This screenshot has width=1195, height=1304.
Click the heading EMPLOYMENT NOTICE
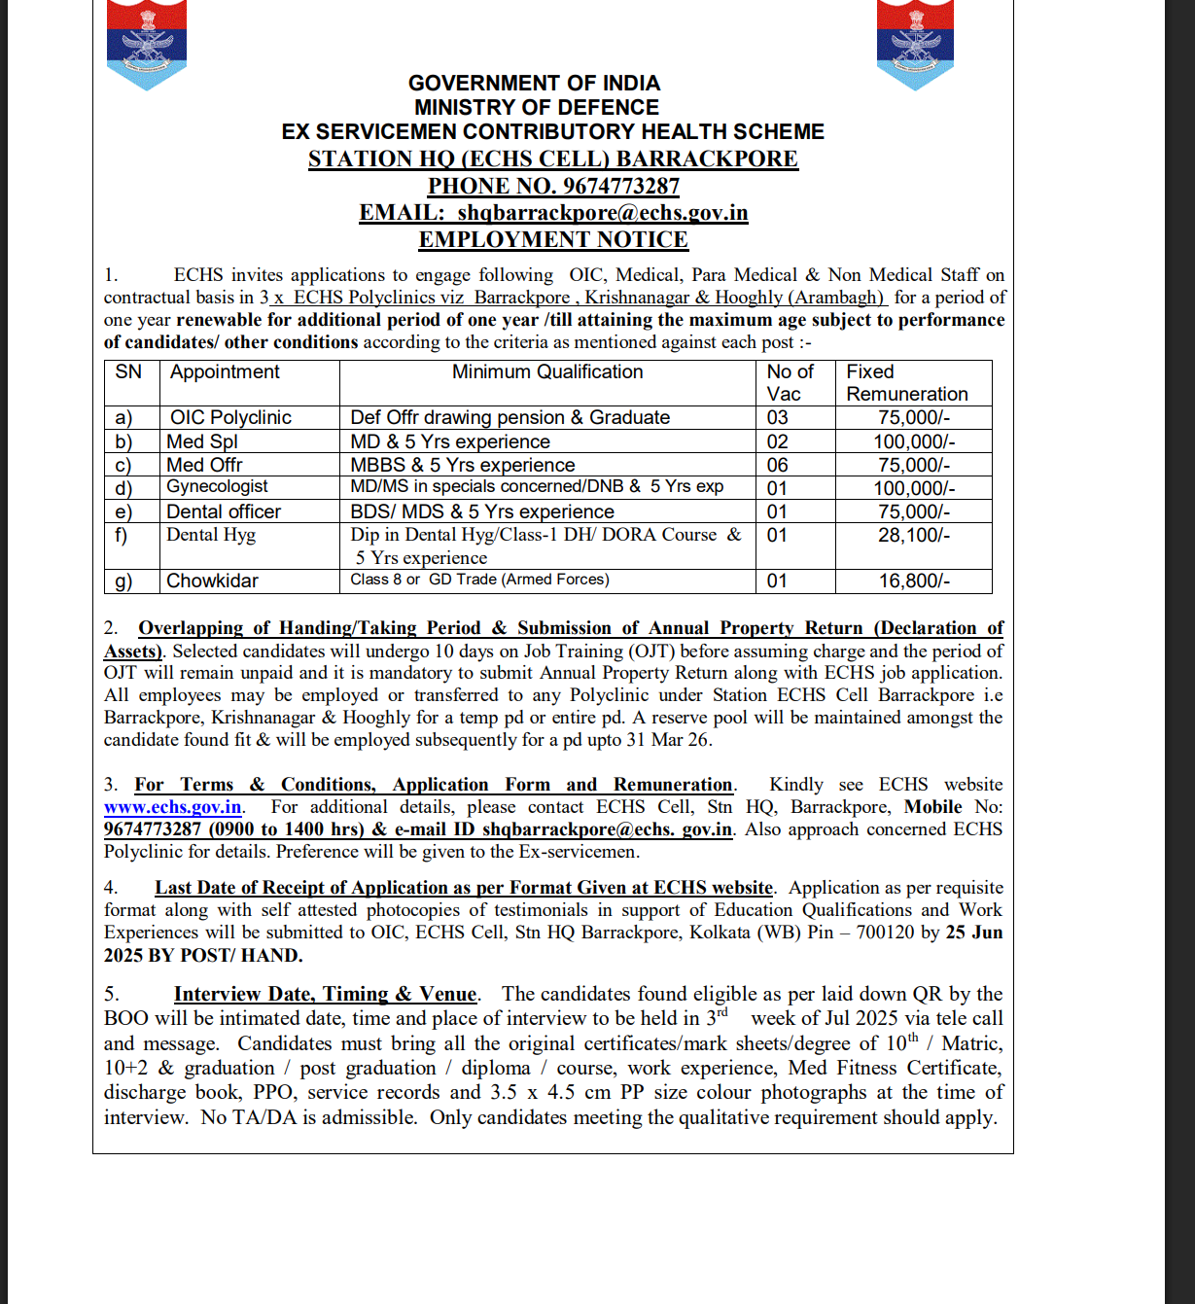(553, 239)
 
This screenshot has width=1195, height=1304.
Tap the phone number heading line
(553, 186)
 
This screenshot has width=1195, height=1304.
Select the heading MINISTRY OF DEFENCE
(536, 107)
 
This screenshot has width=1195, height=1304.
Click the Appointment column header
(225, 372)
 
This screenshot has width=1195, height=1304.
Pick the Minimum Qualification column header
(547, 372)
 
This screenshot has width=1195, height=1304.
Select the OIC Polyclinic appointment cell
(230, 417)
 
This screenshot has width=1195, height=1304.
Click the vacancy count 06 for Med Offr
(778, 465)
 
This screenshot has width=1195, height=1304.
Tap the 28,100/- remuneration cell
(914, 535)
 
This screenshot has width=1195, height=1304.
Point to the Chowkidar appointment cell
(212, 581)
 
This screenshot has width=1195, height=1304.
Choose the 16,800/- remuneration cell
(914, 581)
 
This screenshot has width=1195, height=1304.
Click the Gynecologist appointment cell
(217, 486)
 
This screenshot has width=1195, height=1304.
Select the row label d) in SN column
(123, 488)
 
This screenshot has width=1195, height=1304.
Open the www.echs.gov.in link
(173, 807)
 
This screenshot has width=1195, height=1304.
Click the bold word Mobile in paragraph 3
(932, 807)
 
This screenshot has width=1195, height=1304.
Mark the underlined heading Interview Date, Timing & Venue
(325, 994)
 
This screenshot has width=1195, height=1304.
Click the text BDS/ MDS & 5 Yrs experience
(482, 511)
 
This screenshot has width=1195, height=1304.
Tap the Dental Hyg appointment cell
(211, 535)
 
